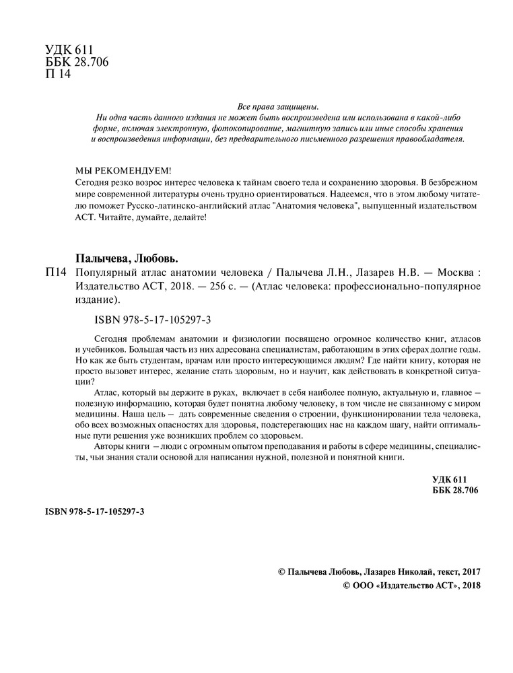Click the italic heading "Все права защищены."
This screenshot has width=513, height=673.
277,106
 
